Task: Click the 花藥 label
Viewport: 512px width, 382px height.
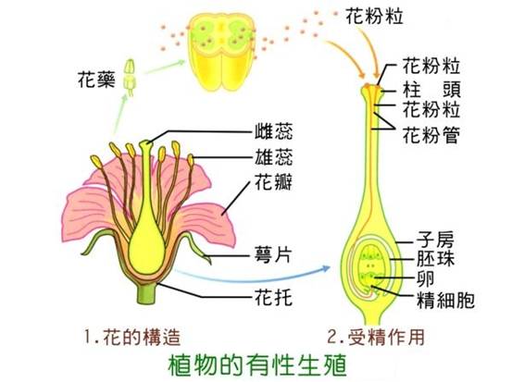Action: (x=96, y=80)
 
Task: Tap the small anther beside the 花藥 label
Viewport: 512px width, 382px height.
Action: (x=130, y=78)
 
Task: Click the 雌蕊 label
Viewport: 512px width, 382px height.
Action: (x=274, y=131)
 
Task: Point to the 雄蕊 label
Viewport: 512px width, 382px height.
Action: (x=274, y=156)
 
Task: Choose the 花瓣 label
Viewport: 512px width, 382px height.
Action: (x=274, y=181)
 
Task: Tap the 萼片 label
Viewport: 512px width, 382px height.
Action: (x=273, y=255)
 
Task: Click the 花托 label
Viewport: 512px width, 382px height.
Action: (x=274, y=297)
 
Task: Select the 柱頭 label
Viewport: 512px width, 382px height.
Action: (x=431, y=90)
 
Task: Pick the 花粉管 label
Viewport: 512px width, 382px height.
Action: (x=431, y=135)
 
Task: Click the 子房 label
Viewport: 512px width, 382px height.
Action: (x=435, y=240)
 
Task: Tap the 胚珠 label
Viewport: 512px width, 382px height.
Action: (x=435, y=259)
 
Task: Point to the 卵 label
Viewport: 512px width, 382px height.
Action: (x=426, y=279)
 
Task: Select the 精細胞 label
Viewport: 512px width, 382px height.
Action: (x=445, y=300)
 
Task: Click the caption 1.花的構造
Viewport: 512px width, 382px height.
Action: (x=132, y=337)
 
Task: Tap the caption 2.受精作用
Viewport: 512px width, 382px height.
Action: (x=376, y=337)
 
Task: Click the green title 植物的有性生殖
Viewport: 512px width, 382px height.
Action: (x=257, y=365)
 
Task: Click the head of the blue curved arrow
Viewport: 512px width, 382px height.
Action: (x=326, y=268)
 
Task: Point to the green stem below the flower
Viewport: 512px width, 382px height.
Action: (x=146, y=293)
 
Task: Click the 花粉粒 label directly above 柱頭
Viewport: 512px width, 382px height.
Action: (x=431, y=67)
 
